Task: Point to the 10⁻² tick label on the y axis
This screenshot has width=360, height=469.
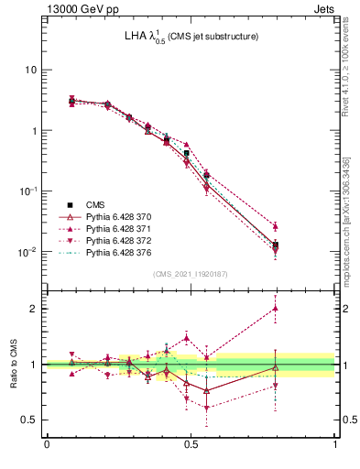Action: point(27,251)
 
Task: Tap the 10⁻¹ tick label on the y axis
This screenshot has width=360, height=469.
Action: point(27,191)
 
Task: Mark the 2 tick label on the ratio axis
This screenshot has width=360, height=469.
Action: point(35,309)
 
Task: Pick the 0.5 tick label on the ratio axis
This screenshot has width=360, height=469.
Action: point(30,420)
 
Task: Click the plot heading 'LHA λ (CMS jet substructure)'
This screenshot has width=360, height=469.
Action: point(191,37)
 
